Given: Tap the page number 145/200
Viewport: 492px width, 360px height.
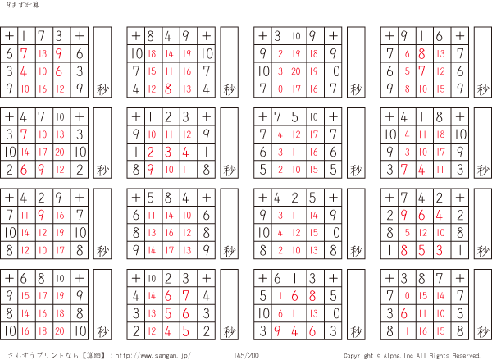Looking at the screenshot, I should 246,355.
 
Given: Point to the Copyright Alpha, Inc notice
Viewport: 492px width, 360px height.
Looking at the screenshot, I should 412,355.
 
